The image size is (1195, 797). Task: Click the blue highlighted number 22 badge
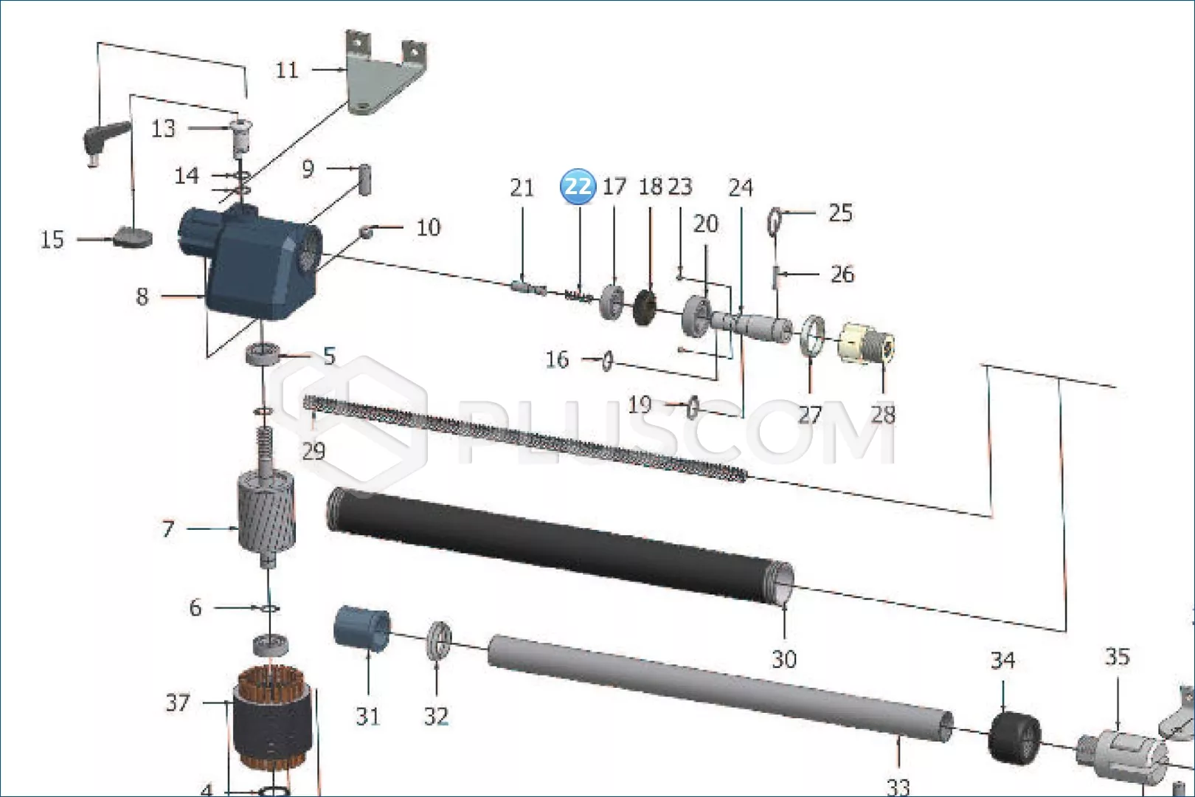click(x=578, y=186)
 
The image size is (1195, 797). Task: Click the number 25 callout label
click(x=841, y=213)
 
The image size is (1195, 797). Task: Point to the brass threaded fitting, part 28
click(x=867, y=342)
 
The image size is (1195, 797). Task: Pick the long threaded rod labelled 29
click(x=525, y=438)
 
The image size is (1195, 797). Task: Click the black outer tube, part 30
click(x=560, y=545)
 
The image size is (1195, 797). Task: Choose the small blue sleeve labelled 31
click(x=361, y=628)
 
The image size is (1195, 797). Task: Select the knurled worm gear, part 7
click(x=266, y=512)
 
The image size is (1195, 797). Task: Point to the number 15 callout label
click(x=52, y=240)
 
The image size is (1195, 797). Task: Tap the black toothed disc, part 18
click(x=645, y=307)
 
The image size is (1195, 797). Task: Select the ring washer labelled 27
click(x=812, y=336)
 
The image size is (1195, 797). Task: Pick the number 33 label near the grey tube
click(x=898, y=787)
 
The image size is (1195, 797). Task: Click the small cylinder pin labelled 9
click(x=365, y=179)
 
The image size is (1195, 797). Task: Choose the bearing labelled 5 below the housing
click(x=263, y=353)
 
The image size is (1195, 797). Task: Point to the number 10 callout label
click(x=429, y=227)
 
